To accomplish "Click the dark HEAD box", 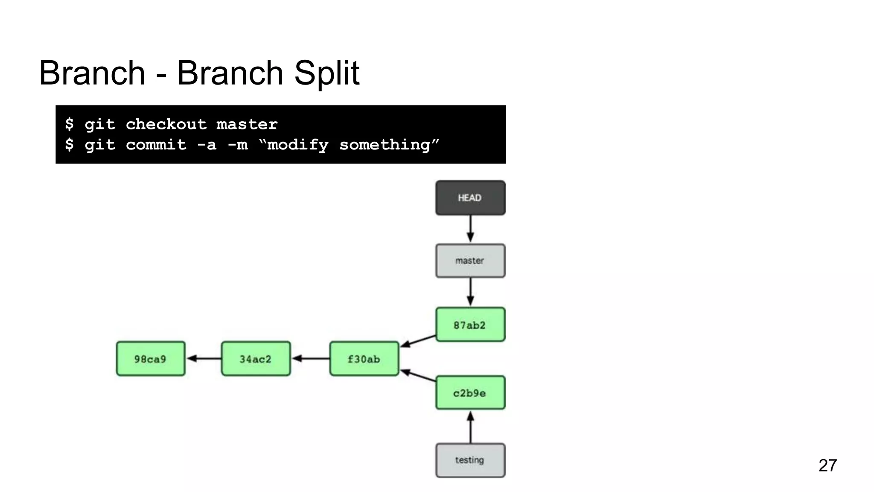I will click(470, 198).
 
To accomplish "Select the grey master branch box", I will click(470, 261).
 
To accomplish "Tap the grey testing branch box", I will click(470, 460).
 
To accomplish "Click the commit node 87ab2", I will click(470, 325).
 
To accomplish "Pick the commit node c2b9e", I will click(470, 392).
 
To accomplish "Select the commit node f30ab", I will click(364, 359).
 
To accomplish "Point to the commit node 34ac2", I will click(256, 359).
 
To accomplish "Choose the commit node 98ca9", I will click(151, 359).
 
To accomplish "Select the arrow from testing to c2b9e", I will click(470, 427).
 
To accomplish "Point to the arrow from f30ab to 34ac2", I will click(310, 358).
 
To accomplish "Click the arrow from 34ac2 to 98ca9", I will click(204, 358).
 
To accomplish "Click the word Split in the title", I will click(327, 73).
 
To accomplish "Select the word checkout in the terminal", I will click(166, 124).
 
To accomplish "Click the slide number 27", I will click(827, 465).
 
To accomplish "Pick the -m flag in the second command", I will click(238, 145).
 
